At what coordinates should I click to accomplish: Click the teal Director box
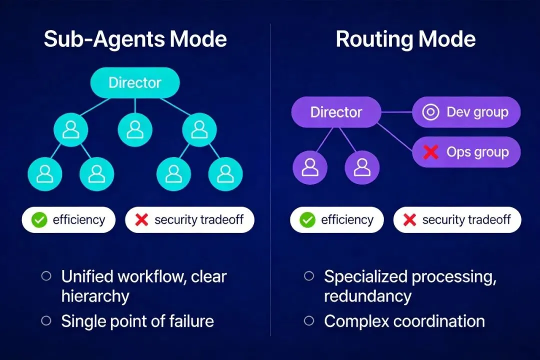tap(135, 82)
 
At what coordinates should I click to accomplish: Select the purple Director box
tap(336, 112)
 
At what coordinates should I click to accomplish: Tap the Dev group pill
tap(466, 112)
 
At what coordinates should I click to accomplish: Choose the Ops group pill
tap(466, 152)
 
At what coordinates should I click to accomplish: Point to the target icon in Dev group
tap(430, 112)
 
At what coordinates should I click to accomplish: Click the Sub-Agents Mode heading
tap(135, 39)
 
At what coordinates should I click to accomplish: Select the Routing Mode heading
tap(405, 39)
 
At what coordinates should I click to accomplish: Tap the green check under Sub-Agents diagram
tap(39, 220)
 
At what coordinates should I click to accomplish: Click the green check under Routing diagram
tap(307, 220)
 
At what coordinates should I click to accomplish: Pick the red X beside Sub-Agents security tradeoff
tap(142, 220)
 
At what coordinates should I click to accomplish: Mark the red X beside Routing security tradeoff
tap(410, 220)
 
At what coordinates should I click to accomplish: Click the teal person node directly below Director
tap(135, 129)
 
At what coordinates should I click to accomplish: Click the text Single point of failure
tap(137, 321)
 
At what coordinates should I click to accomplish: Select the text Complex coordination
tap(404, 321)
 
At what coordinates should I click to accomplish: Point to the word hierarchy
tap(95, 296)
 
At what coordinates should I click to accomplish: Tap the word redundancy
tap(367, 296)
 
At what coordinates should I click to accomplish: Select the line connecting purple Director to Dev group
tap(396, 112)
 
